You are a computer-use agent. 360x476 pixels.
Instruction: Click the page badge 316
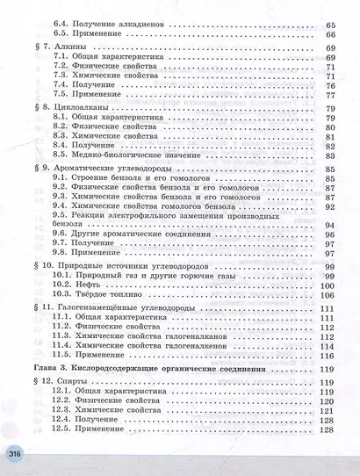coord(14,453)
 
